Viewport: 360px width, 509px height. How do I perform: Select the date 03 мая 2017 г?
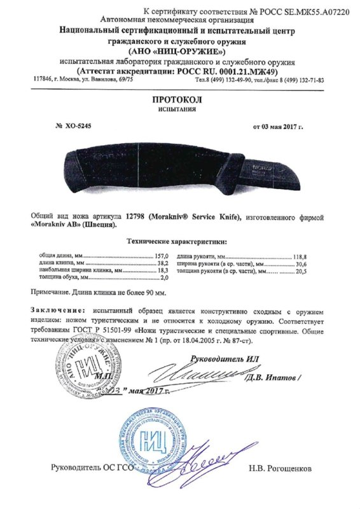tap(278, 127)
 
